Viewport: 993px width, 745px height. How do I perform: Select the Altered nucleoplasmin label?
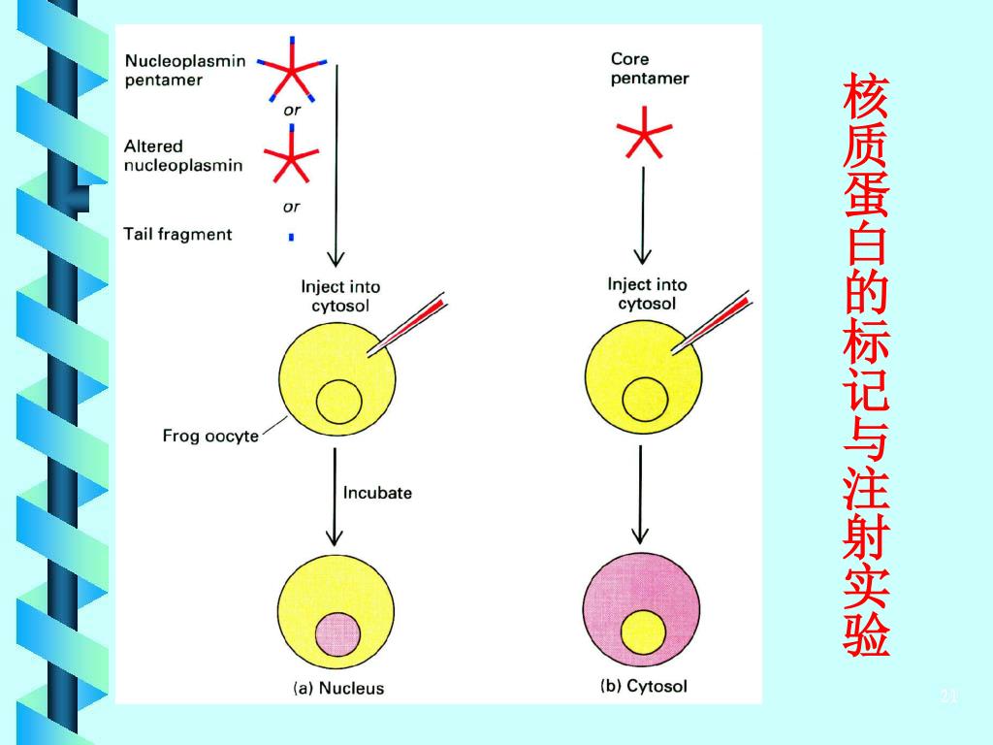(182, 155)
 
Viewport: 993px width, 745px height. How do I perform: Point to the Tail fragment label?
(177, 234)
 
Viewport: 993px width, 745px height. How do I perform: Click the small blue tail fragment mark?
(291, 236)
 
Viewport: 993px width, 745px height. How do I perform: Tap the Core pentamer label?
(649, 69)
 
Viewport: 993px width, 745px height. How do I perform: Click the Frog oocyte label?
(210, 436)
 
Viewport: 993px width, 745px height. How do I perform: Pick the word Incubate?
(377, 493)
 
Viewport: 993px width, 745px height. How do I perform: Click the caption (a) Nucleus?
(338, 689)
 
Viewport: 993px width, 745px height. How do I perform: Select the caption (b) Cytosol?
(644, 687)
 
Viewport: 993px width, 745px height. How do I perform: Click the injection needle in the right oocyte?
(714, 324)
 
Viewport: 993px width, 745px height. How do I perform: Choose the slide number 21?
(948, 696)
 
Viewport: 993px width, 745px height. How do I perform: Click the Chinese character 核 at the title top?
(865, 97)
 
